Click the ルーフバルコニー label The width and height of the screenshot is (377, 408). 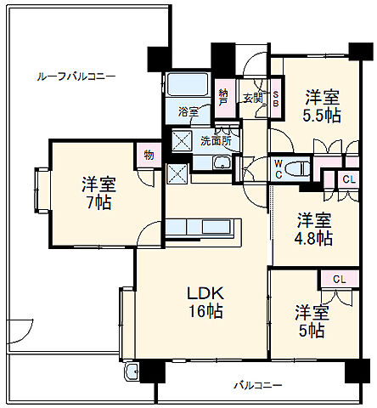[76, 76]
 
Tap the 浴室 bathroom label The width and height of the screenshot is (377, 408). [188, 111]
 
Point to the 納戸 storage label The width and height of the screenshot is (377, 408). [223, 97]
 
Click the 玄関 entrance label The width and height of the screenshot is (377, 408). [253, 97]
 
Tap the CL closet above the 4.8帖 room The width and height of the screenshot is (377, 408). [349, 179]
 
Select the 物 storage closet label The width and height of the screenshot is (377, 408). [148, 156]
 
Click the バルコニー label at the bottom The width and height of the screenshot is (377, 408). [258, 386]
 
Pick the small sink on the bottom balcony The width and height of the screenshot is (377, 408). [132, 375]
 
